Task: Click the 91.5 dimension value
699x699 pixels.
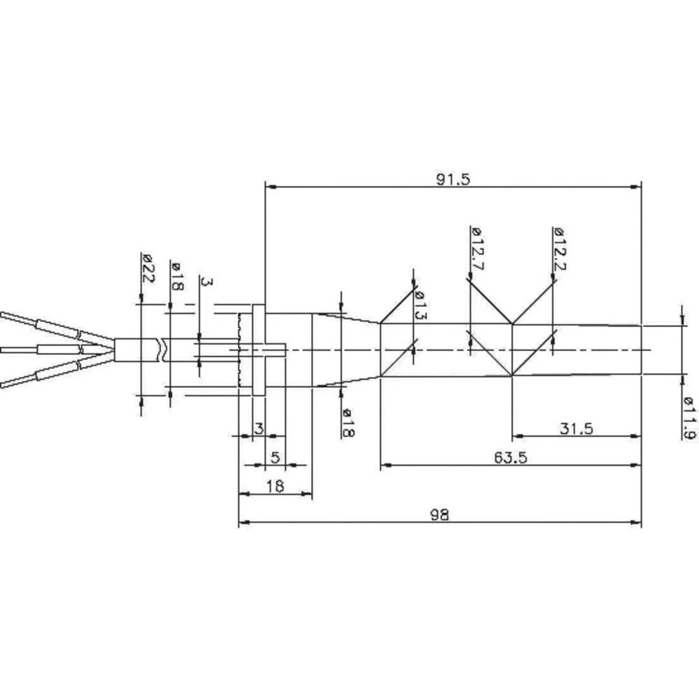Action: [454, 179]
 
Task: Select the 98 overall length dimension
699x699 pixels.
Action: [438, 515]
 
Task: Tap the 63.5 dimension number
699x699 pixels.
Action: [510, 458]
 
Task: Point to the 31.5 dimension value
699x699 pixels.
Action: [576, 429]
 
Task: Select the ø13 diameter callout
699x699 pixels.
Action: [419, 305]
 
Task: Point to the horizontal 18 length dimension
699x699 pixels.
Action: [275, 487]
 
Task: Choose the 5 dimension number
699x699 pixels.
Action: [275, 458]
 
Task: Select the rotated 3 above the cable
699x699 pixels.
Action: [206, 282]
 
